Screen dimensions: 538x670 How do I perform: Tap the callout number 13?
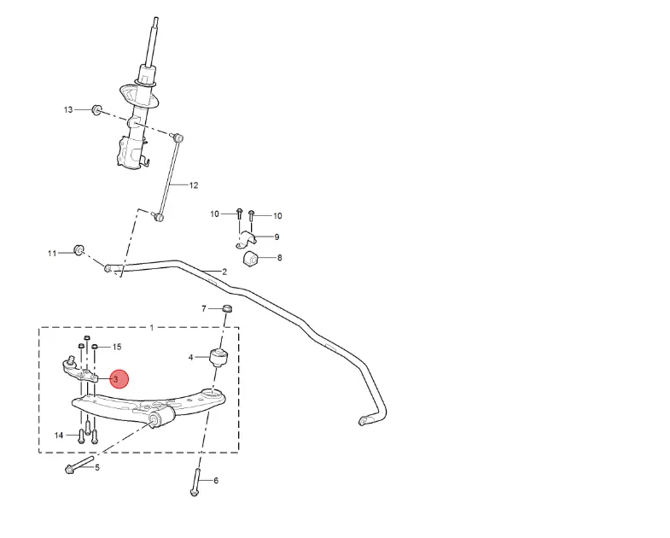click(x=69, y=110)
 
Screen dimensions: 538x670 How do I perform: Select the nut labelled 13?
click(x=96, y=109)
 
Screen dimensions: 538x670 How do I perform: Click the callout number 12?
click(x=193, y=185)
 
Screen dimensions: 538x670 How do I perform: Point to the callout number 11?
click(x=52, y=254)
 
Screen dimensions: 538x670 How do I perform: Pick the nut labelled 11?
click(x=79, y=249)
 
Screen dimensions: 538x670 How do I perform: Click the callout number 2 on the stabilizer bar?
click(x=224, y=272)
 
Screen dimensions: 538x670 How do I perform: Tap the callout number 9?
click(x=277, y=237)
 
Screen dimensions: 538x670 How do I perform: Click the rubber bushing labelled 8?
click(x=251, y=258)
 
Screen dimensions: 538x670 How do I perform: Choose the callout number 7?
click(x=204, y=308)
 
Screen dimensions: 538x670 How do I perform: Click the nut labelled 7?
click(x=227, y=307)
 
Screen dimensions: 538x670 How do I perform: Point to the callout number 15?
click(x=117, y=347)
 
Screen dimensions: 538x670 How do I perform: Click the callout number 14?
click(x=59, y=436)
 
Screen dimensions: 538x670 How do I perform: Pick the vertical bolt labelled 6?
click(x=195, y=483)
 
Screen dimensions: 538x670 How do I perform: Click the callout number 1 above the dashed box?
click(x=152, y=328)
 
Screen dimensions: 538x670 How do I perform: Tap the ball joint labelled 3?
click(x=79, y=369)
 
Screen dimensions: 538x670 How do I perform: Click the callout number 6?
click(x=216, y=481)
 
